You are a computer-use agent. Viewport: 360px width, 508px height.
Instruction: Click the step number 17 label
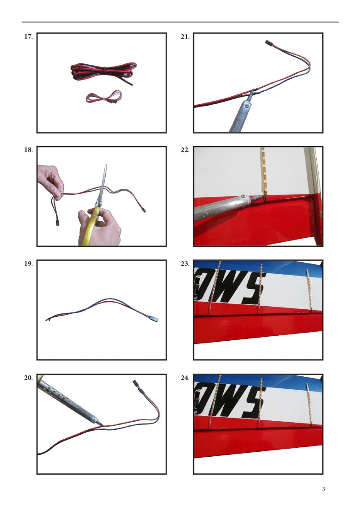(x=28, y=36)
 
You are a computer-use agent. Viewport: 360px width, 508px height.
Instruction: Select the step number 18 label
(x=28, y=150)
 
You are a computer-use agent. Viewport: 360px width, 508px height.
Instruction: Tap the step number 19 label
(x=28, y=264)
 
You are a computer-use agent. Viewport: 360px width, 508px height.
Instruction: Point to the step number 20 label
(x=28, y=378)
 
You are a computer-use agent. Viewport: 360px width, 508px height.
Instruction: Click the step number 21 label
(x=185, y=36)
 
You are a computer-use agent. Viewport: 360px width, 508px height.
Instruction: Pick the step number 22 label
(x=185, y=150)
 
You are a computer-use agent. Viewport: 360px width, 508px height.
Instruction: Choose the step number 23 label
(x=185, y=264)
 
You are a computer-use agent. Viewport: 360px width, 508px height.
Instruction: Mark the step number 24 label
(x=185, y=378)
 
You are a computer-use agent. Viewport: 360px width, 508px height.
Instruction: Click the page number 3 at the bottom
(x=324, y=489)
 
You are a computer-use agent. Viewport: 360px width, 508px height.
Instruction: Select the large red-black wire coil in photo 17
(x=103, y=72)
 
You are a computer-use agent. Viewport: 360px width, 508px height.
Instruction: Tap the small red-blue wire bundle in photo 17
(x=104, y=97)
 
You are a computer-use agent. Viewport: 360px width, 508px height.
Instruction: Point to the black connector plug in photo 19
(x=154, y=319)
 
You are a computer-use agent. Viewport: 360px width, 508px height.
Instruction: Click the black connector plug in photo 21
(x=269, y=42)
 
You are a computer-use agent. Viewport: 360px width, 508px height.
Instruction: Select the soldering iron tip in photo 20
(x=100, y=424)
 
